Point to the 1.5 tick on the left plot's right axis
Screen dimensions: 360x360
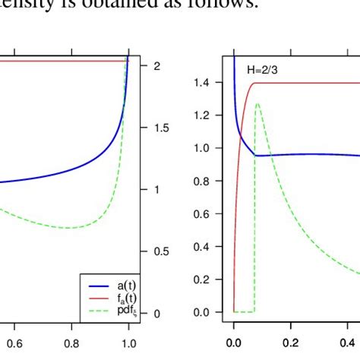[x=163, y=128]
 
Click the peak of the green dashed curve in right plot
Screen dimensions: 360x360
[x=258, y=104]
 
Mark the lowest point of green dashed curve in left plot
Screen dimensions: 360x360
[x=69, y=228]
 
